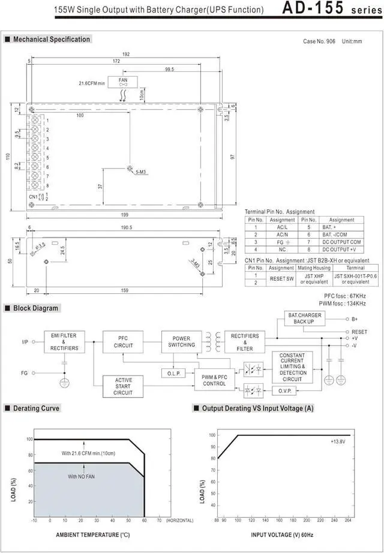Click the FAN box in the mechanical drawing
point(123,82)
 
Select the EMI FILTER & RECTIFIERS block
point(64,341)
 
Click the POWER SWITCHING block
point(181,342)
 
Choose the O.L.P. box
point(173,374)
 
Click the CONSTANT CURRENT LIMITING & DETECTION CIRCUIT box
point(292,367)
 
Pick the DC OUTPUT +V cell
point(343,249)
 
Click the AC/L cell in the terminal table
point(281,227)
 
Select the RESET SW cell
point(281,278)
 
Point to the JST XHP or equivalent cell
point(314,278)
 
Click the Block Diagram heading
point(37,308)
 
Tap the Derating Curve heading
point(37,408)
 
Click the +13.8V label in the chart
point(338,441)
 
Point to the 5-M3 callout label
point(142,173)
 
